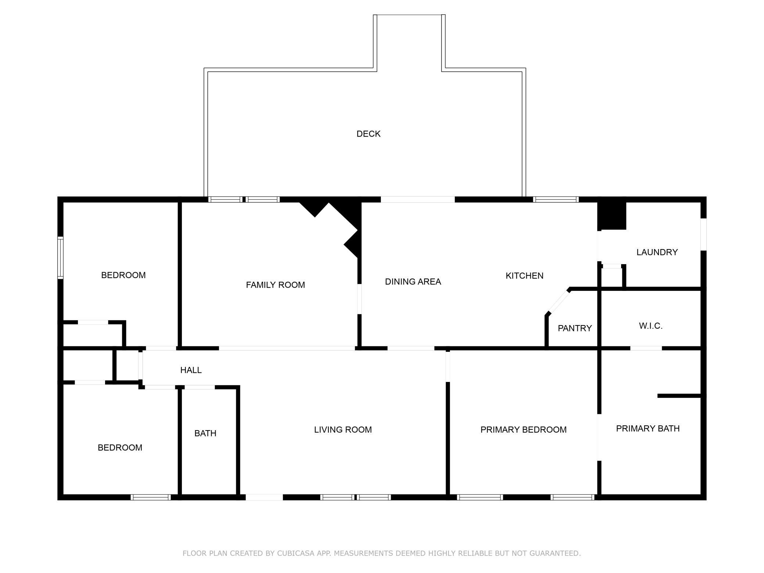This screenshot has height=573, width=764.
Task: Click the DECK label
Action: click(368, 134)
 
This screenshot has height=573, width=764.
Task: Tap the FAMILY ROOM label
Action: click(275, 285)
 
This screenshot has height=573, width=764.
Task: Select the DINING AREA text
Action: click(413, 281)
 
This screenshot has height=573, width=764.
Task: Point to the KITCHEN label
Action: click(525, 275)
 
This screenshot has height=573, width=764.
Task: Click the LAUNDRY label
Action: click(657, 252)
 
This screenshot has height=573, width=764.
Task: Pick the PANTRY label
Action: click(575, 328)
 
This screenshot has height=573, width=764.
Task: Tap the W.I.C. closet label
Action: click(651, 326)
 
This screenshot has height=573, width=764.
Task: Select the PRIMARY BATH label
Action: click(648, 428)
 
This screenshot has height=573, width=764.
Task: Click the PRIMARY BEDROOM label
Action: click(523, 429)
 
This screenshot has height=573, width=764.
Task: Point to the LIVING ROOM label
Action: click(343, 429)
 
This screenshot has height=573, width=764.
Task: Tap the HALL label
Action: click(191, 370)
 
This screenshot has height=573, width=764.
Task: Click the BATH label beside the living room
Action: click(205, 433)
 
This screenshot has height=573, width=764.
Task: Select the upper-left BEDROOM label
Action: click(123, 275)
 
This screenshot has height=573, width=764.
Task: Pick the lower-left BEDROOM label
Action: click(120, 447)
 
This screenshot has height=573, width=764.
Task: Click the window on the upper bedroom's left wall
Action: click(61, 257)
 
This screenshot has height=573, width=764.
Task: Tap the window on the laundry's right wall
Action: click(703, 234)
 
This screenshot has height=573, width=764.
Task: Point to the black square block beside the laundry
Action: click(612, 216)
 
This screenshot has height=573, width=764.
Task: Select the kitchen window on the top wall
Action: click(556, 199)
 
